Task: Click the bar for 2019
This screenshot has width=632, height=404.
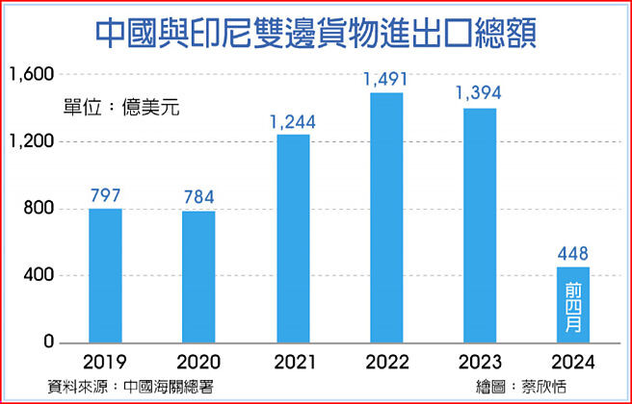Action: (105, 276)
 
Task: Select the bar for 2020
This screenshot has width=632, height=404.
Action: (198, 277)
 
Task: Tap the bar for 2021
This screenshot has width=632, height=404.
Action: (293, 239)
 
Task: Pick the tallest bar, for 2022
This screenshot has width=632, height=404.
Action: (386, 217)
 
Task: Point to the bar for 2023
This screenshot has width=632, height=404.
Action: (480, 226)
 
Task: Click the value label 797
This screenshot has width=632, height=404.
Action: (105, 195)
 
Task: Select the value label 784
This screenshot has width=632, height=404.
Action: (198, 197)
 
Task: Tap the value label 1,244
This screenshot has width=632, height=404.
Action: (293, 121)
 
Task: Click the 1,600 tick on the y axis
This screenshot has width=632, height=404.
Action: (33, 74)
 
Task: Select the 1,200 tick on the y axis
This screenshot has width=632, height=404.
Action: (33, 141)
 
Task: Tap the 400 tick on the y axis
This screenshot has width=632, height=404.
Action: (40, 276)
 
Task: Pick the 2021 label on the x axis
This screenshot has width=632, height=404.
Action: (293, 363)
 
